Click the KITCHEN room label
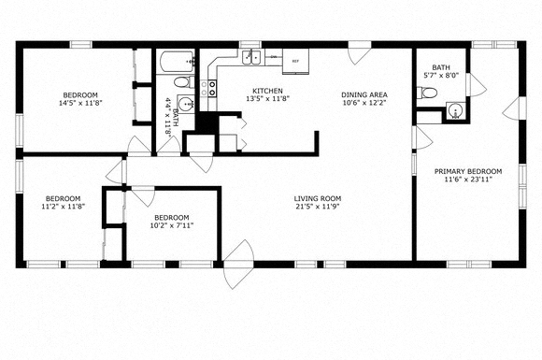(x=267, y=91)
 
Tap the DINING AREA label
(x=364, y=94)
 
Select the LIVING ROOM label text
(x=318, y=198)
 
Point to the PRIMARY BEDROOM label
(x=468, y=171)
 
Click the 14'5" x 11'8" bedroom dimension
(x=80, y=103)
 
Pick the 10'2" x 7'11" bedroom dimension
(x=171, y=225)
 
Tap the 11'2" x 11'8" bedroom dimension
(x=64, y=207)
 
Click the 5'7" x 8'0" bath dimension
(x=441, y=75)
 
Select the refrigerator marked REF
(x=295, y=61)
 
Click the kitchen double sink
(x=251, y=57)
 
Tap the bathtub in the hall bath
(x=177, y=62)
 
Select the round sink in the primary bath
(x=456, y=111)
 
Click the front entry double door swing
(x=238, y=265)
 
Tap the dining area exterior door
(x=360, y=53)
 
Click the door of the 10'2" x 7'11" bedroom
(x=143, y=195)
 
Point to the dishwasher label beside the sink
(x=274, y=57)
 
